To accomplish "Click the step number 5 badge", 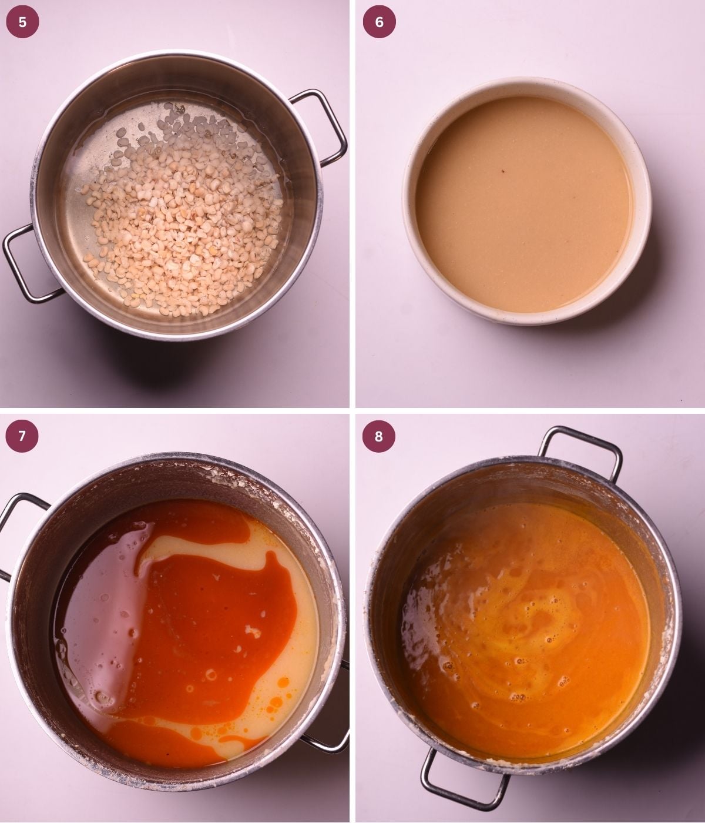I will tap(22, 22).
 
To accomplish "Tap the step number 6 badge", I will tap(379, 22).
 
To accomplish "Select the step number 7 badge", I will tap(22, 436).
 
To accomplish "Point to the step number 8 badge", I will tap(379, 436).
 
